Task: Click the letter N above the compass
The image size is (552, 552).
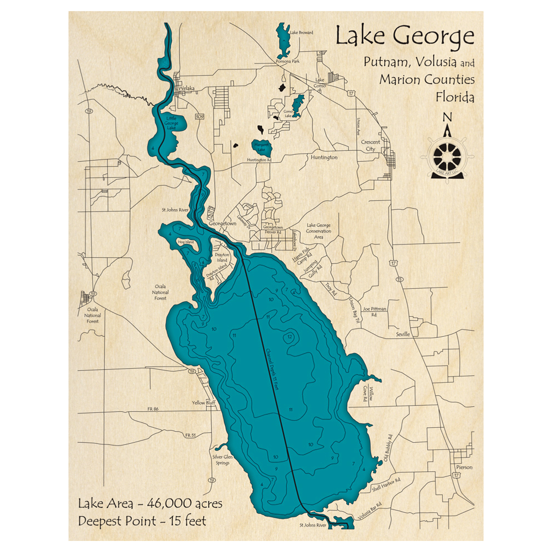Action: [448, 117]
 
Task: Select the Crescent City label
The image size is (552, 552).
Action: [371, 145]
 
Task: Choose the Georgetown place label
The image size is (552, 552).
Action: [222, 224]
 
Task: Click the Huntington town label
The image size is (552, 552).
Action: [323, 157]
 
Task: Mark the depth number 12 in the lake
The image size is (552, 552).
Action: [290, 337]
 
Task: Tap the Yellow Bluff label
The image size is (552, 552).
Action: [203, 403]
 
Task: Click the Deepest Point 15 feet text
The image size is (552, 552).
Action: [142, 521]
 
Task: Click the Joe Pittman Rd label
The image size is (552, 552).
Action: [374, 312]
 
